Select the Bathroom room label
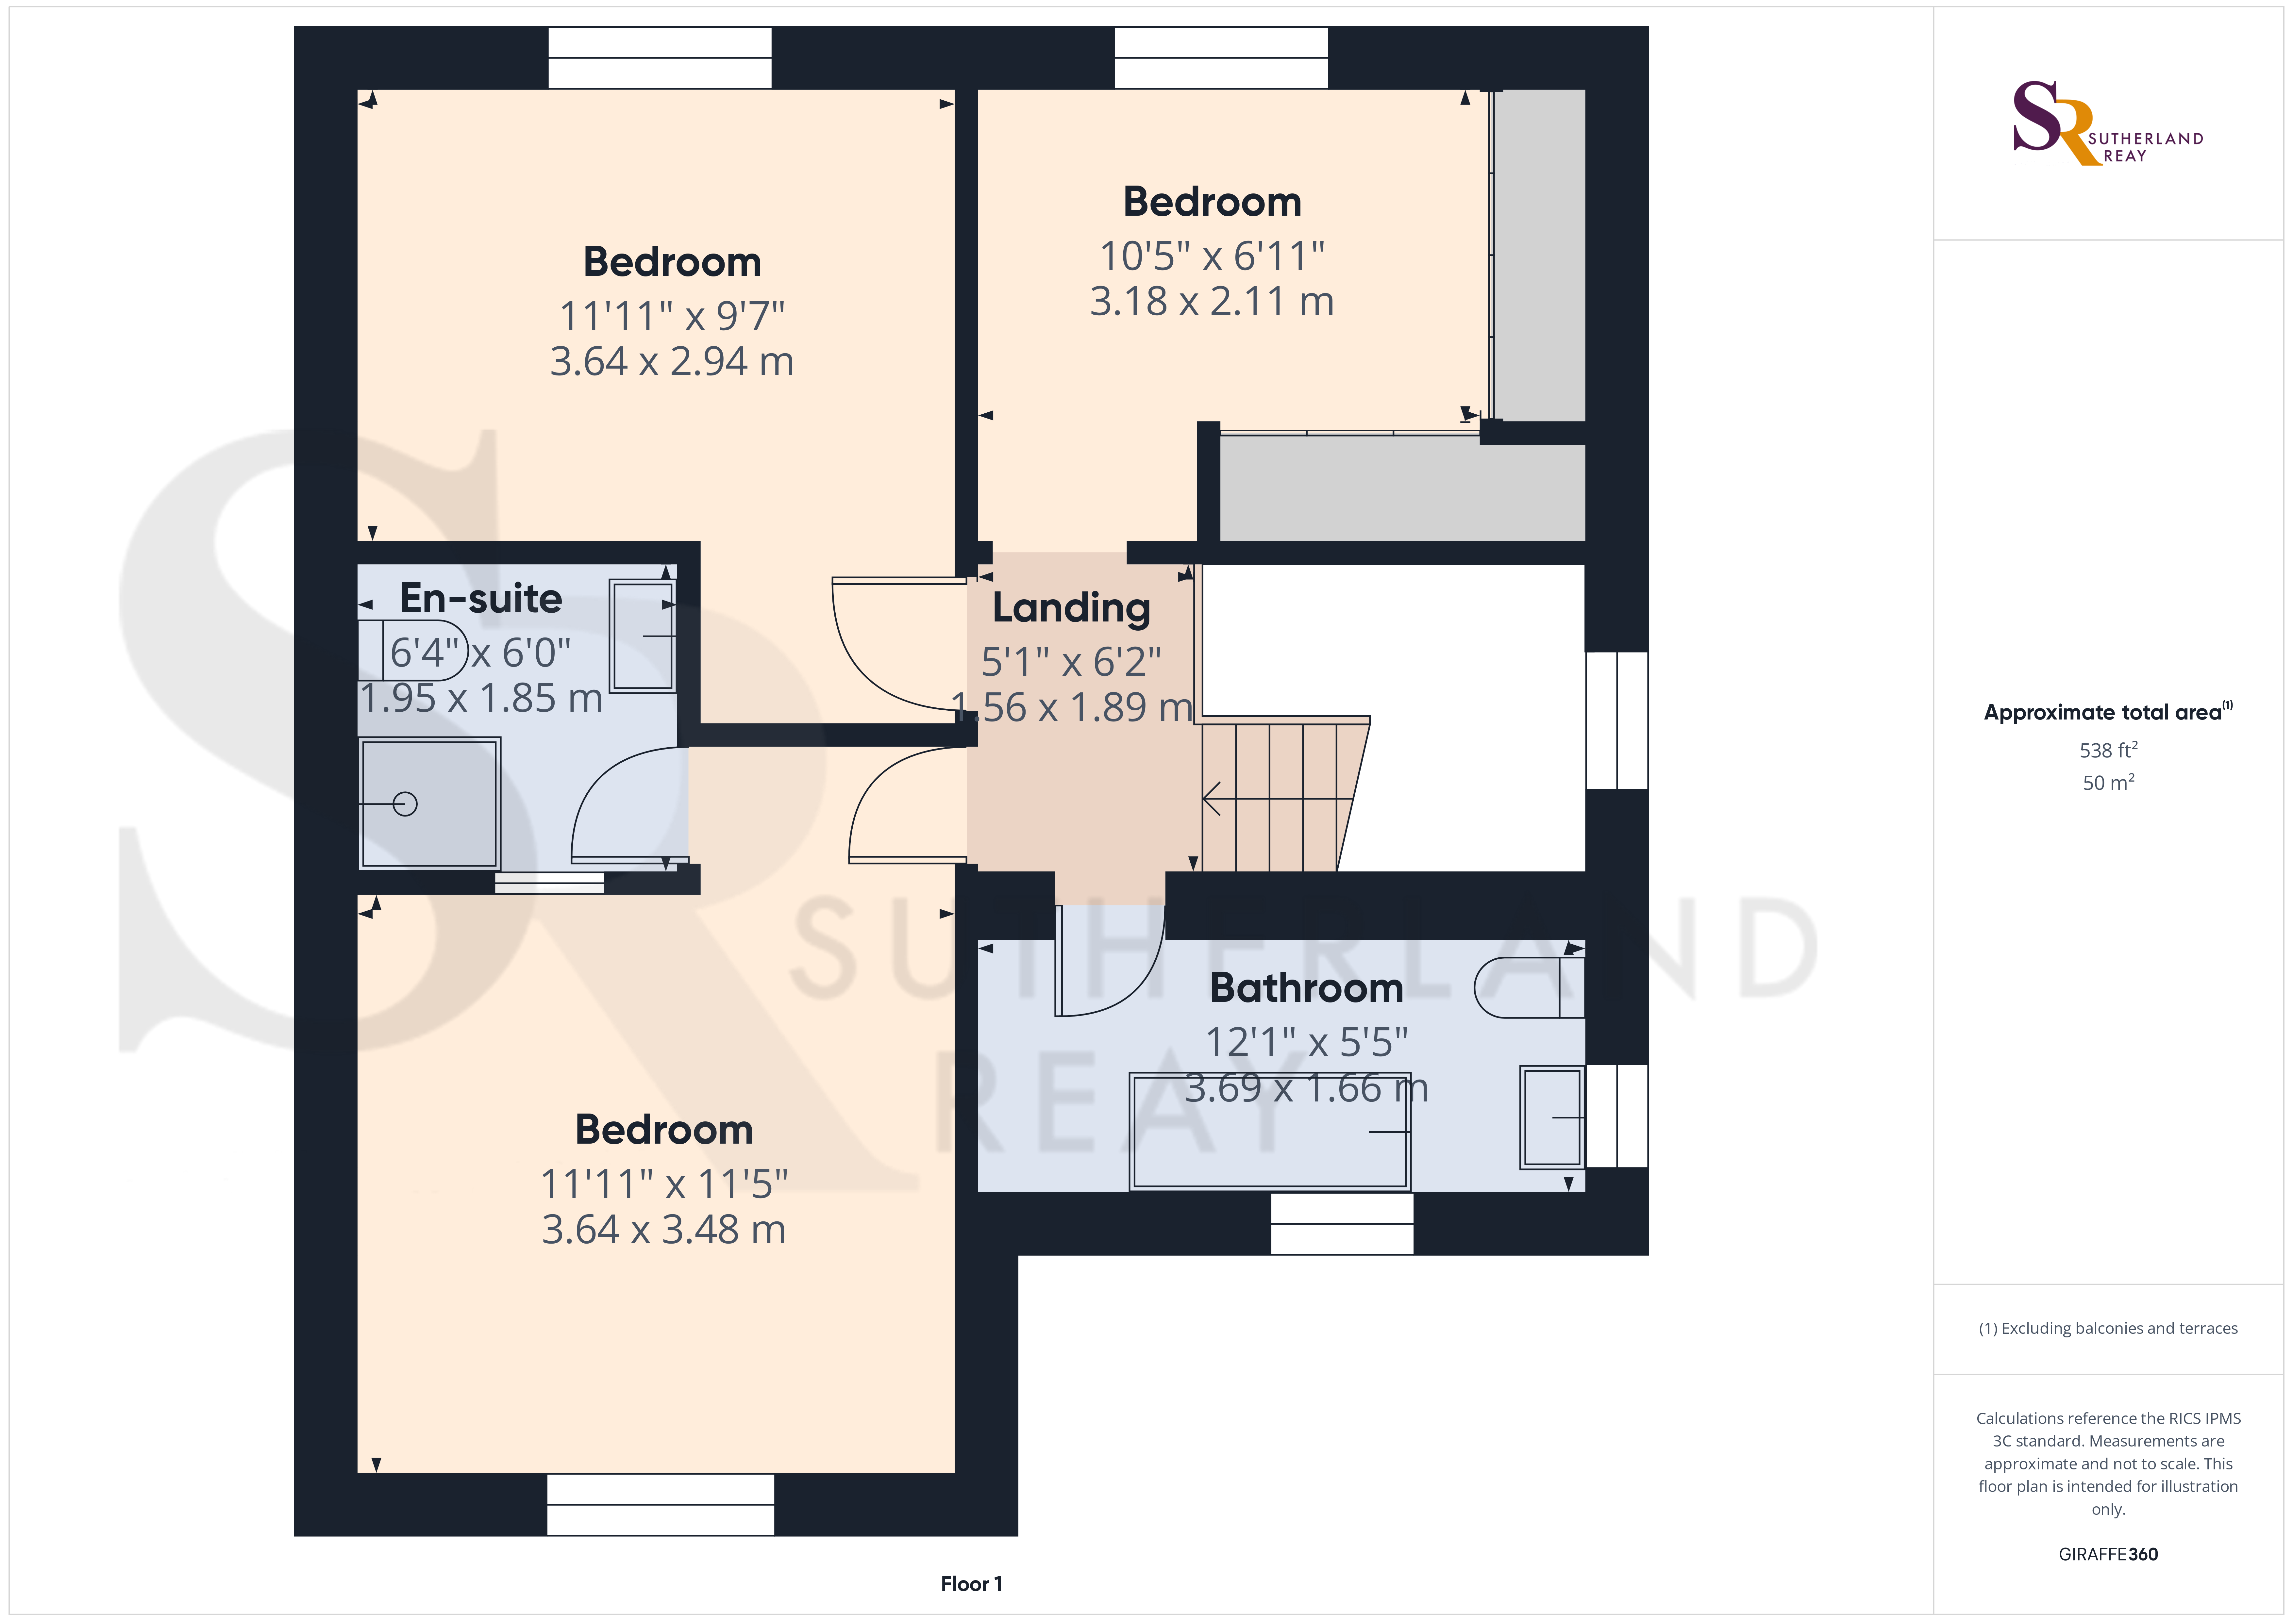[x=1306, y=988]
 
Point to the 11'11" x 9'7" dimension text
[x=672, y=317]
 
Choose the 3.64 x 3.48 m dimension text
[x=664, y=1230]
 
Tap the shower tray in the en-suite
[x=429, y=803]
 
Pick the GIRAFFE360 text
[x=2108, y=1554]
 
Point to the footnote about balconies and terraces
[x=2108, y=1328]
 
